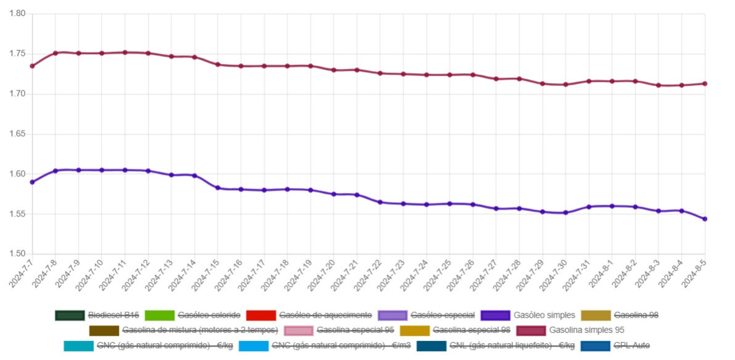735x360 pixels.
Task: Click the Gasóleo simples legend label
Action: click(x=544, y=315)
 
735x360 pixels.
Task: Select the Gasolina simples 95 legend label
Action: click(x=586, y=330)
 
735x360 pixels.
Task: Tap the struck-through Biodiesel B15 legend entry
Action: click(x=113, y=315)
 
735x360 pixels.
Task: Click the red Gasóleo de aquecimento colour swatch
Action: click(x=261, y=315)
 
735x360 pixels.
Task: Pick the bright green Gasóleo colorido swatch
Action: click(x=159, y=315)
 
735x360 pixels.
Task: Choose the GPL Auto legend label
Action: click(x=632, y=345)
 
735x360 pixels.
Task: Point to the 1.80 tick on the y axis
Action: click(x=17, y=13)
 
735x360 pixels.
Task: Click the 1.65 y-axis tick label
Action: click(x=17, y=134)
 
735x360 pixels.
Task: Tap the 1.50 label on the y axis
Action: click(x=17, y=254)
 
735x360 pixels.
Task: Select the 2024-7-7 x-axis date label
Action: click(x=21, y=274)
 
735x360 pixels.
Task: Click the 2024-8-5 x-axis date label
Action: click(x=694, y=274)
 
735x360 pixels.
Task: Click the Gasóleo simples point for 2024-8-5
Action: click(x=705, y=219)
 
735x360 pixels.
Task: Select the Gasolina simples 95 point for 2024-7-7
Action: click(x=32, y=66)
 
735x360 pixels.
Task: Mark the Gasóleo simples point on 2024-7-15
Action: click(x=218, y=188)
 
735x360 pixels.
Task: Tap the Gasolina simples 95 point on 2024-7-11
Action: click(x=125, y=52)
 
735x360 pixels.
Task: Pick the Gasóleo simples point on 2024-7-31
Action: click(x=589, y=207)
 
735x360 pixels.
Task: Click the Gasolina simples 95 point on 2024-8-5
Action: click(x=705, y=83)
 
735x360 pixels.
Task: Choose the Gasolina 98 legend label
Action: click(x=636, y=315)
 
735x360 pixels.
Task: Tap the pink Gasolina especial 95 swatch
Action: click(x=298, y=330)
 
